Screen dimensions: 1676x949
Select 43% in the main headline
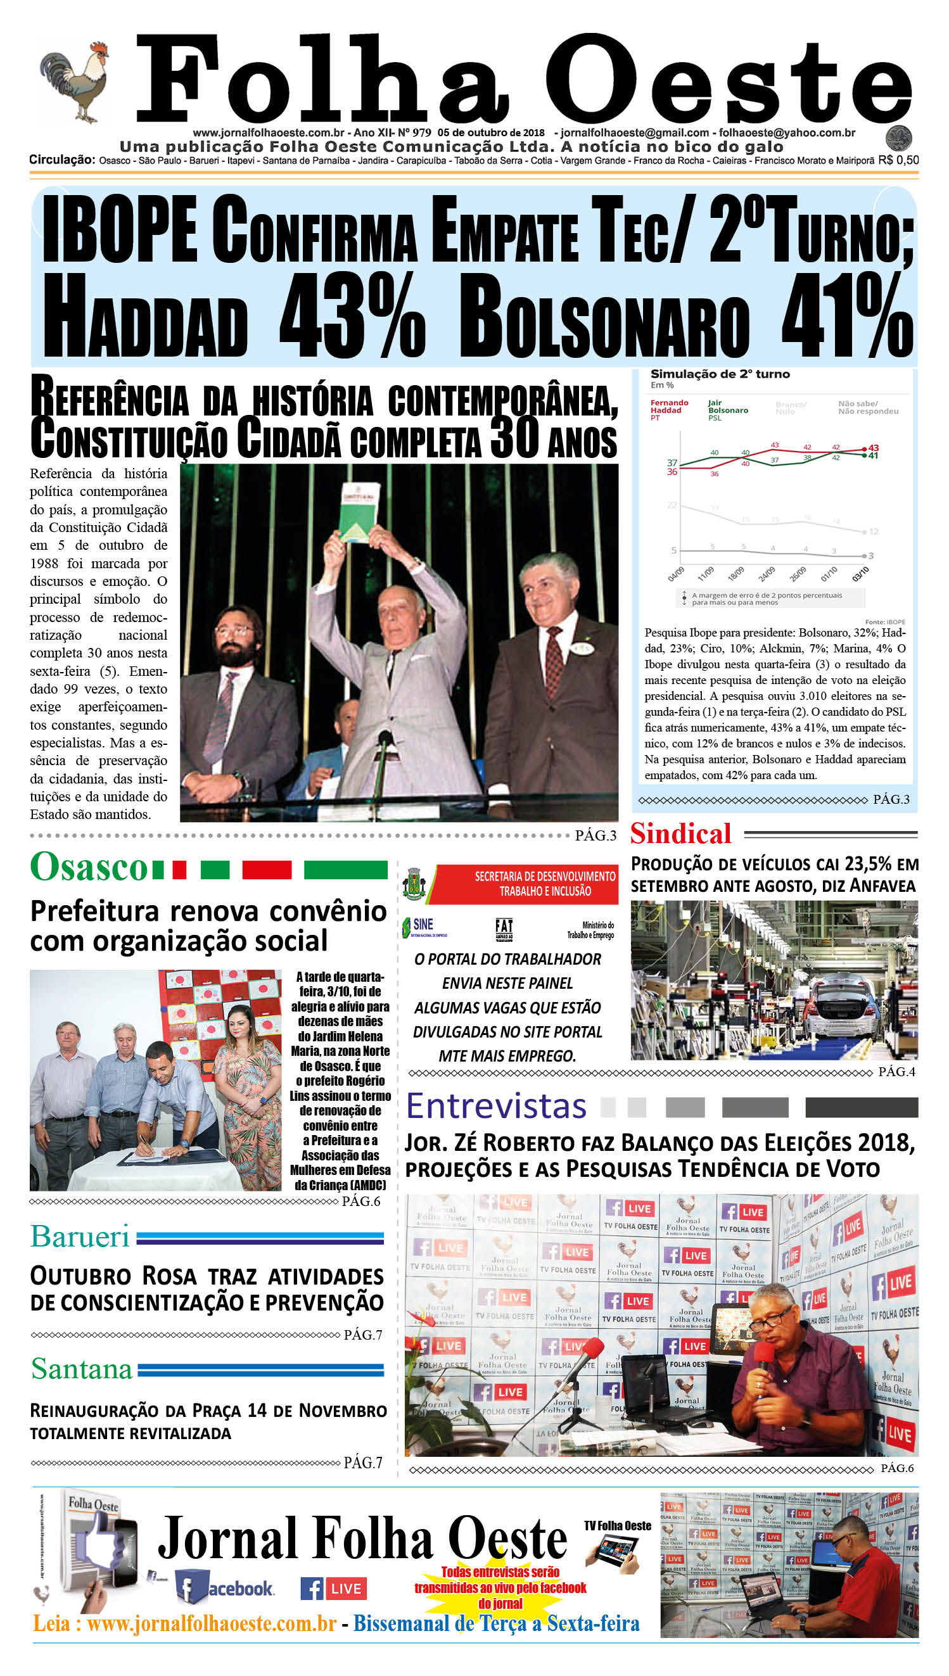[x=352, y=316]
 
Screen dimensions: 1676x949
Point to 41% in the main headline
[x=848, y=316]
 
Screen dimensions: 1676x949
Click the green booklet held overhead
[x=358, y=512]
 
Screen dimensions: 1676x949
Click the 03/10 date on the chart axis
[x=860, y=573]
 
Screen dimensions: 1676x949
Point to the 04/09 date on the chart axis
[x=676, y=573]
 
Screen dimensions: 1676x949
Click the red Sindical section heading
[x=680, y=834]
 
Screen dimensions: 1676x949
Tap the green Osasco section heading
[x=89, y=867]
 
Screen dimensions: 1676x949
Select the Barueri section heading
[x=80, y=1236]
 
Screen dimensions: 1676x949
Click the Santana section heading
[x=82, y=1369]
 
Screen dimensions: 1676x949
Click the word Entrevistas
[x=496, y=1107]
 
